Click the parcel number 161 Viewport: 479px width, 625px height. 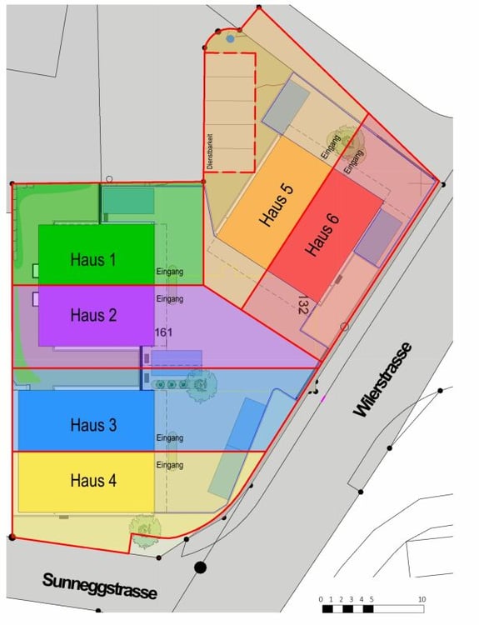pyautogui.click(x=163, y=332)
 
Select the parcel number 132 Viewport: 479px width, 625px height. pyautogui.click(x=303, y=305)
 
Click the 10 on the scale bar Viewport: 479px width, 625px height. pyautogui.click(x=422, y=599)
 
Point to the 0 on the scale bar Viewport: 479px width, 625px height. pyautogui.click(x=321, y=599)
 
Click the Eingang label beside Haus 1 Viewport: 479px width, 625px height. pyautogui.click(x=169, y=272)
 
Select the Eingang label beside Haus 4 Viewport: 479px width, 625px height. pyautogui.click(x=169, y=465)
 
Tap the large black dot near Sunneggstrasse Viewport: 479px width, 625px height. pyautogui.click(x=200, y=567)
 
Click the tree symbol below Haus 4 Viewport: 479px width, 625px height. pyautogui.click(x=144, y=529)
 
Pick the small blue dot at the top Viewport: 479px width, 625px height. pyautogui.click(x=230, y=38)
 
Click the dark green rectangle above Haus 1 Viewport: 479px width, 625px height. pyautogui.click(x=127, y=201)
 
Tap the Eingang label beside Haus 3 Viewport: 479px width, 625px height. pyautogui.click(x=169, y=438)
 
